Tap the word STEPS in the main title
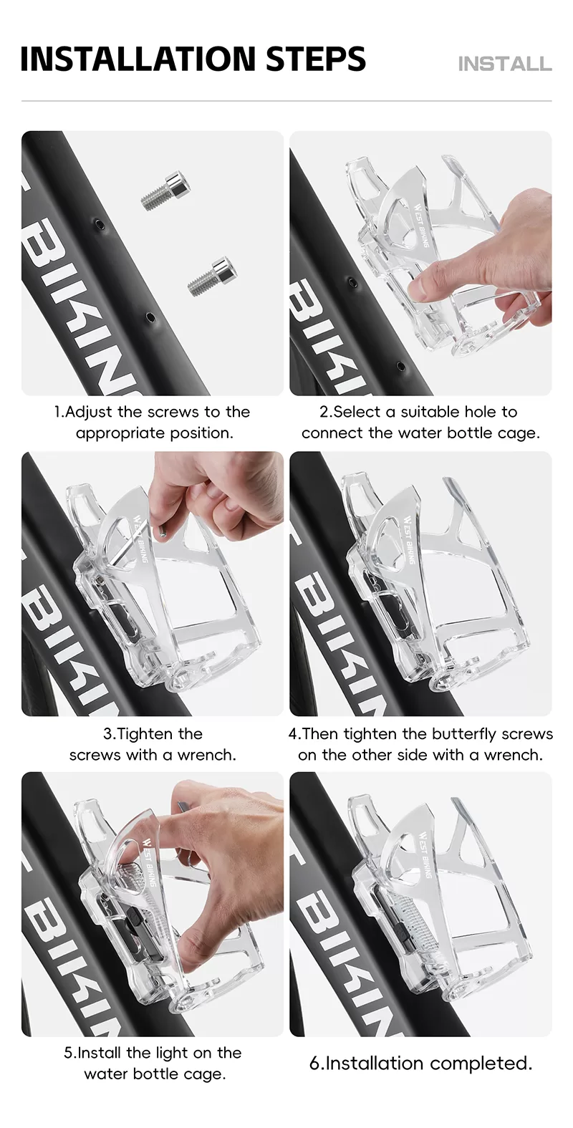coord(316,59)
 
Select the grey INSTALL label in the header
coord(505,64)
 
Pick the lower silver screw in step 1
coord(212,276)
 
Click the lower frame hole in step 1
coord(150,317)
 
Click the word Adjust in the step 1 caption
coord(89,413)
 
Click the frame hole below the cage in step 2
coord(400,365)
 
